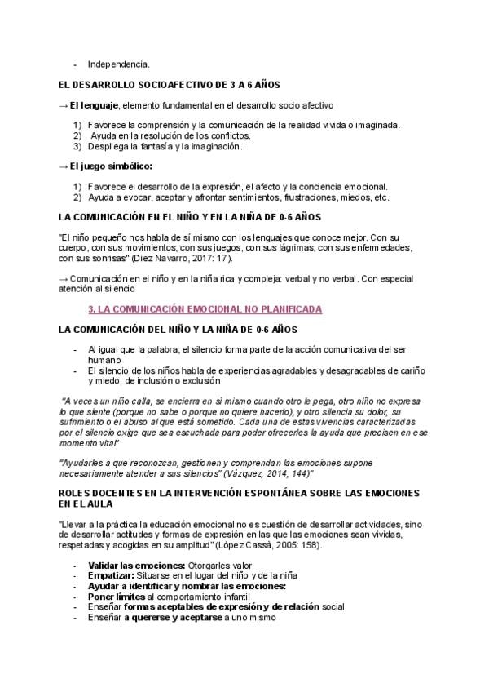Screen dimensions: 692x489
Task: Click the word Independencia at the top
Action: click(118, 64)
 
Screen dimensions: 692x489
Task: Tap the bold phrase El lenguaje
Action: click(95, 105)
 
